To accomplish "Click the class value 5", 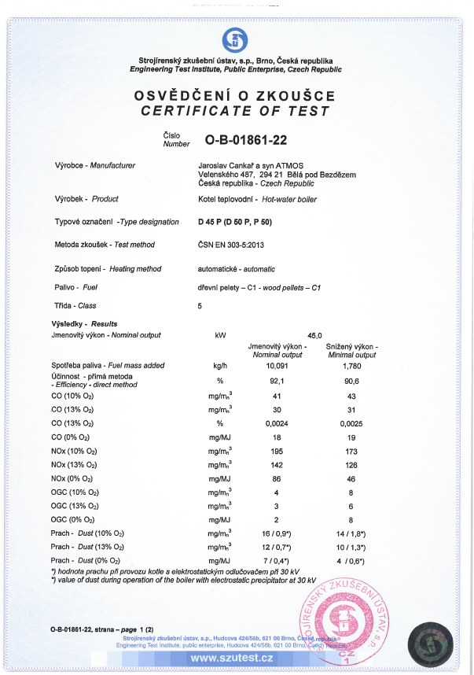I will coord(200,305).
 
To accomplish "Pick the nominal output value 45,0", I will coord(314,335).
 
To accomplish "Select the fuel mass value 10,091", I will coord(277,365).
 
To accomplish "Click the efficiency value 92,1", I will coord(277,380).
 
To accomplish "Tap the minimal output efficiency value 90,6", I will coord(351,380).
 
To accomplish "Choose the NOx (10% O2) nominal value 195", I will coord(277,451).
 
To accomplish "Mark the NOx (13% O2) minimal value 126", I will coord(351,464).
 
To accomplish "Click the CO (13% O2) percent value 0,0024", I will coord(277,422).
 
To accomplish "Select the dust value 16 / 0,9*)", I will coord(277,533).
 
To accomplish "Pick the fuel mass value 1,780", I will coord(351,365).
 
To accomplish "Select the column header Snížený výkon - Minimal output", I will coord(351,350).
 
